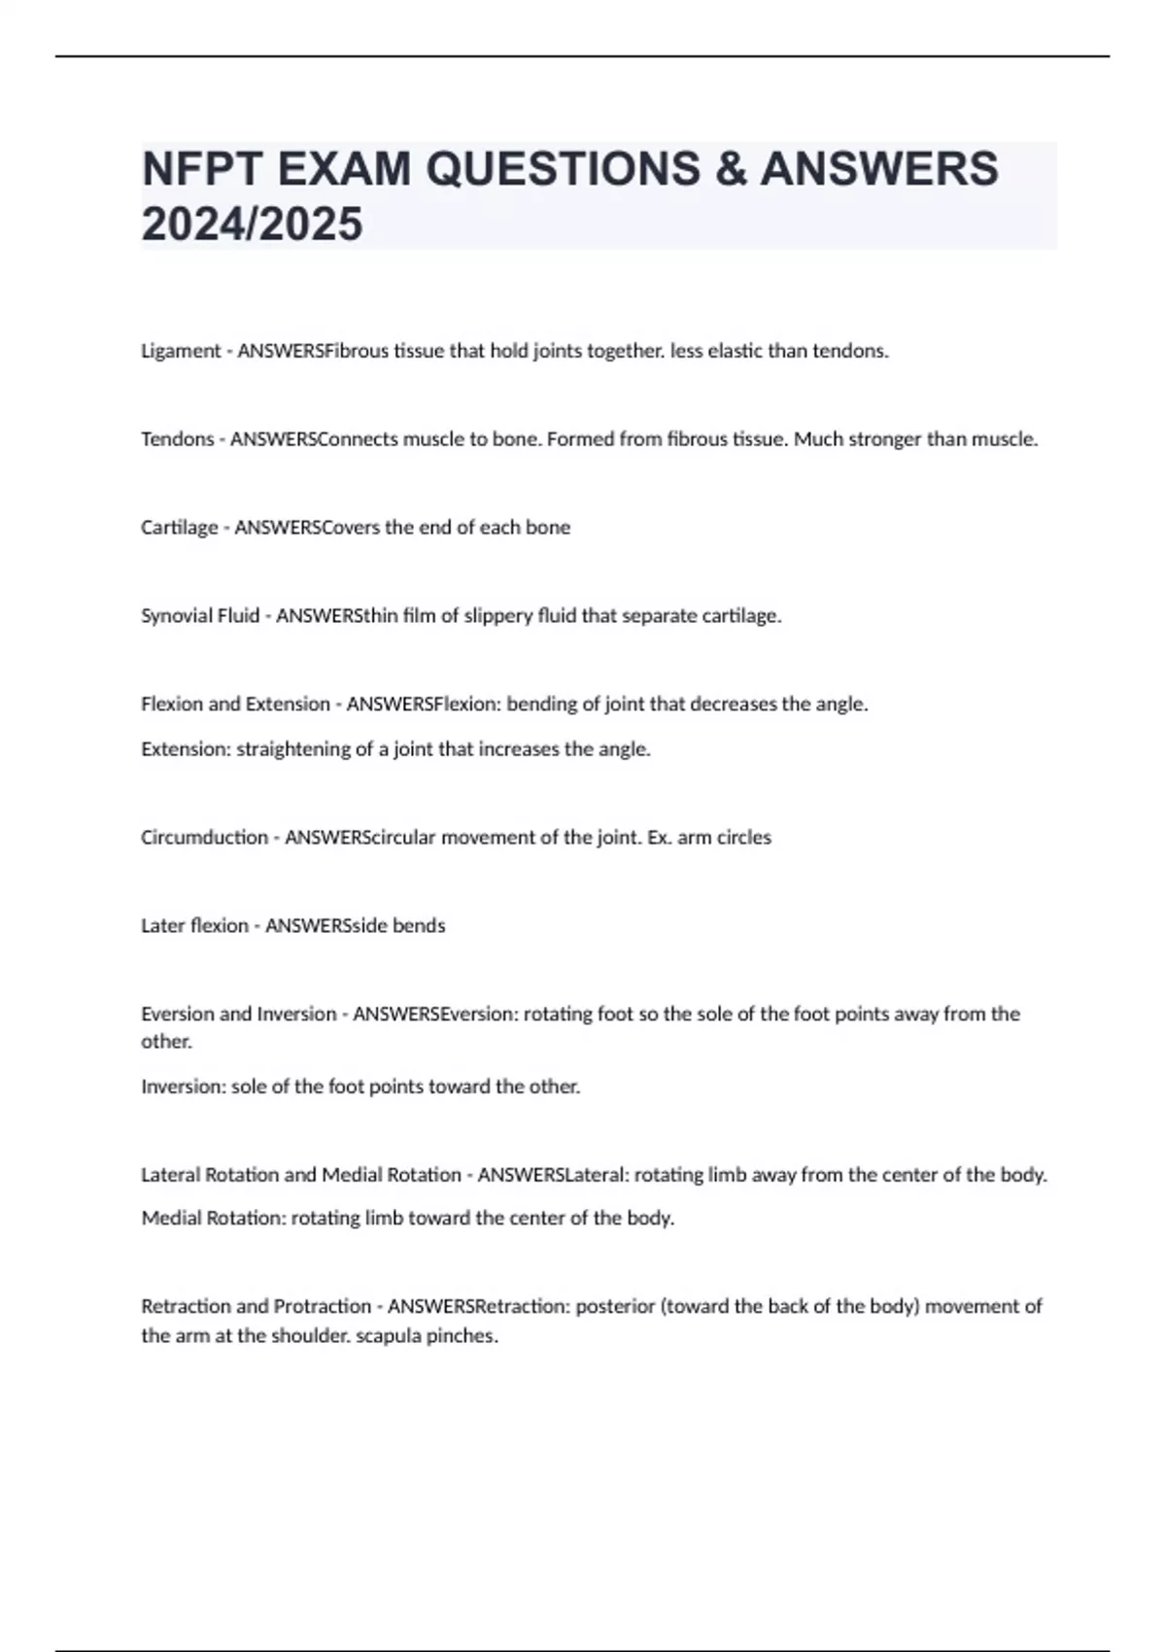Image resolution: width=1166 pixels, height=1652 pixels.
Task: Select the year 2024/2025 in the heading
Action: coord(252,224)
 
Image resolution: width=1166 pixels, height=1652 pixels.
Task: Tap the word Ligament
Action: coord(181,352)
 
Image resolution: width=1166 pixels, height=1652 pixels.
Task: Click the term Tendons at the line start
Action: coord(177,439)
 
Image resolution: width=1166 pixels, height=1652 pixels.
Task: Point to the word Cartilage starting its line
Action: coord(179,528)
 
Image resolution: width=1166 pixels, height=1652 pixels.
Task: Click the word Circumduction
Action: coord(204,838)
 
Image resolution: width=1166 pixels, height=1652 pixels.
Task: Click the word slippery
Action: coord(499,616)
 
